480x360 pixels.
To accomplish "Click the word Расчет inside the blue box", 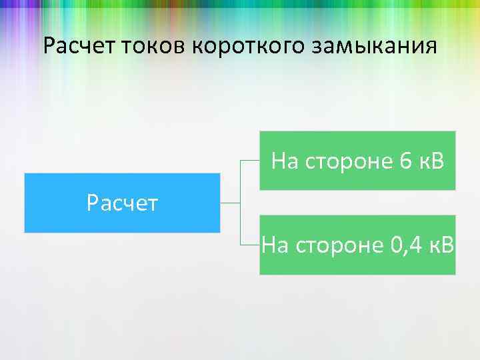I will pos(122,202).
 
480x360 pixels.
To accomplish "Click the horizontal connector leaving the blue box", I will pos(230,202).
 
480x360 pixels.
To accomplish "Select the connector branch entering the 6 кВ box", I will pos(250,161).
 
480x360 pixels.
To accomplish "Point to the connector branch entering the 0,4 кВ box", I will pos(250,245).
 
